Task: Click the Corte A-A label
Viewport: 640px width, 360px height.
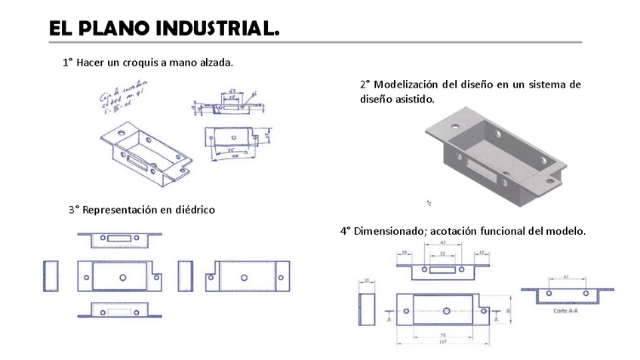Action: pos(565,310)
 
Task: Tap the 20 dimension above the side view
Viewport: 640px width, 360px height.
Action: pos(367,280)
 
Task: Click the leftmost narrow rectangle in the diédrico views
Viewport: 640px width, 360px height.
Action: pos(51,276)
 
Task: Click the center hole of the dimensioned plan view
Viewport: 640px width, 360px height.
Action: pos(446,311)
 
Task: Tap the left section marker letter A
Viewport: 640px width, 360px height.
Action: pos(388,319)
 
